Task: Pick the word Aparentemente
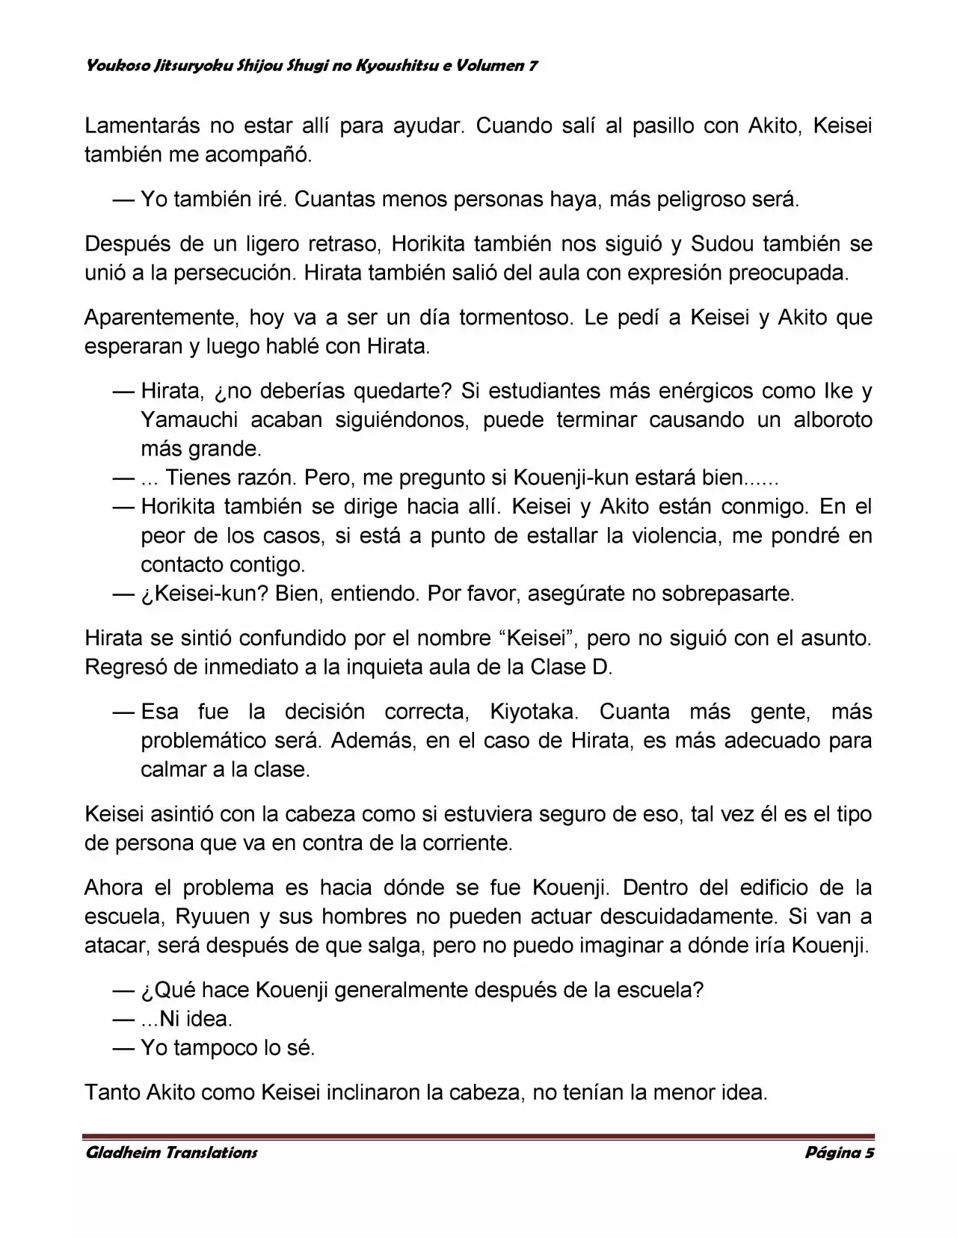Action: pyautogui.click(x=159, y=318)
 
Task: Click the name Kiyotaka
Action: pyautogui.click(x=533, y=712)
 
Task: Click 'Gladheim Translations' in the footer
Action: pyautogui.click(x=172, y=1154)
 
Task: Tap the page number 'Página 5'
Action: pyautogui.click(x=840, y=1154)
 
